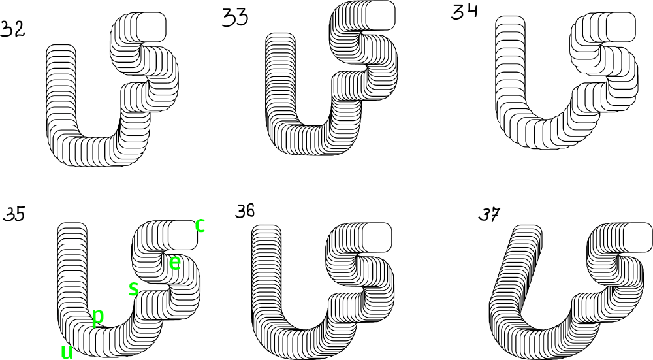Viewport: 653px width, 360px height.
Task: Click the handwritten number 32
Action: point(12,29)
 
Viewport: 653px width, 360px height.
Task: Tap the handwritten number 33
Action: point(235,18)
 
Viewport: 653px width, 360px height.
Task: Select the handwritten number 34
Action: point(465,11)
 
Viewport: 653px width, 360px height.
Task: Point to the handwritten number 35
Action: point(14,214)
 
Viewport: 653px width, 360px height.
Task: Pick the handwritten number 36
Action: point(245,211)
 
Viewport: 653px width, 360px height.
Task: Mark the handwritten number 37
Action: point(489,214)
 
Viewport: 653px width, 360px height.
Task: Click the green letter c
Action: point(200,225)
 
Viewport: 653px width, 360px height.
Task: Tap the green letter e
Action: point(175,263)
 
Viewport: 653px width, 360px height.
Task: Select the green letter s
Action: point(133,288)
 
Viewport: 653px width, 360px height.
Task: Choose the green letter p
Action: point(97,318)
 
